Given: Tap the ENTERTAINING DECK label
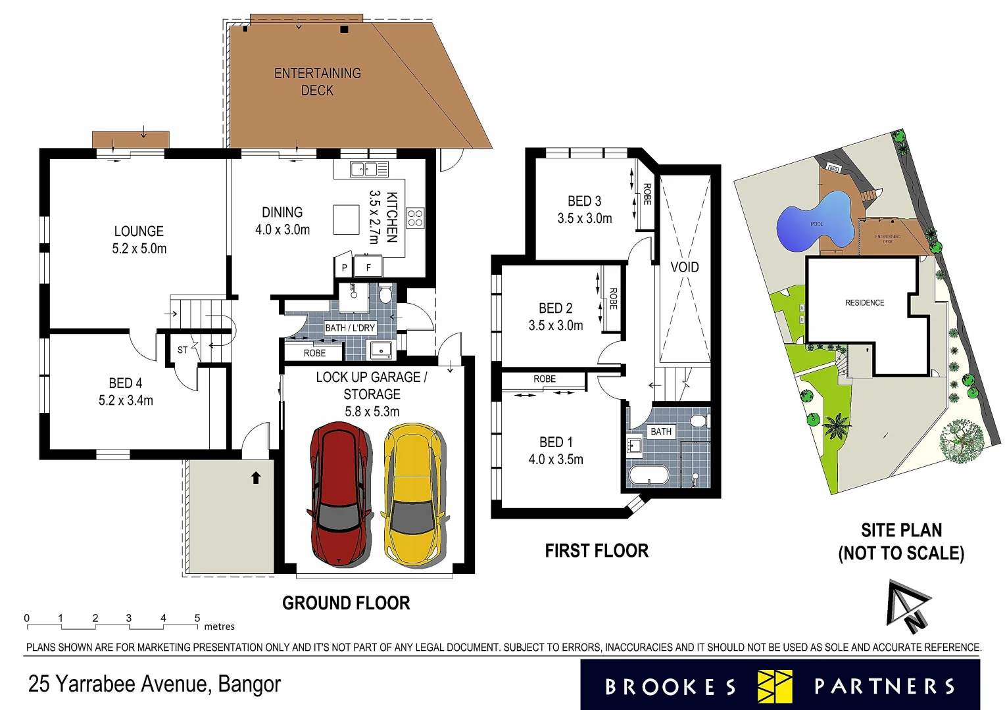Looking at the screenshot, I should [x=318, y=82].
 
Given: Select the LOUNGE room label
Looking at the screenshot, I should [x=139, y=239].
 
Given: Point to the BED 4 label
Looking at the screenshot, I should [x=126, y=391].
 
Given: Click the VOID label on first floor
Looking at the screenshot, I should [x=684, y=267].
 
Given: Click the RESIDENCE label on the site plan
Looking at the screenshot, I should [x=864, y=302].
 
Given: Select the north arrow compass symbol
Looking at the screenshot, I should [x=908, y=605].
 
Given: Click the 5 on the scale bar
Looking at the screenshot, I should [x=197, y=618].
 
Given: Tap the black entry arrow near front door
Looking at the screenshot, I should [x=256, y=478].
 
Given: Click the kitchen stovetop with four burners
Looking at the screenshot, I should [x=415, y=218].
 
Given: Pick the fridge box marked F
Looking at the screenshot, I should [x=368, y=267].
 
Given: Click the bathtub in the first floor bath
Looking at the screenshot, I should [x=649, y=475].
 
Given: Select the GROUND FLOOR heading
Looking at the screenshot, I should [x=346, y=603].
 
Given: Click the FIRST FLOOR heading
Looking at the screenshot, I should [x=597, y=550].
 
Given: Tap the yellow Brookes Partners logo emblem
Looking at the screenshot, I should [x=775, y=686].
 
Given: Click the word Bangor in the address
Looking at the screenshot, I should [x=249, y=684].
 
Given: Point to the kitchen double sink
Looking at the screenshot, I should [x=364, y=170].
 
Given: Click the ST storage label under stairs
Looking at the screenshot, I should [x=182, y=350].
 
